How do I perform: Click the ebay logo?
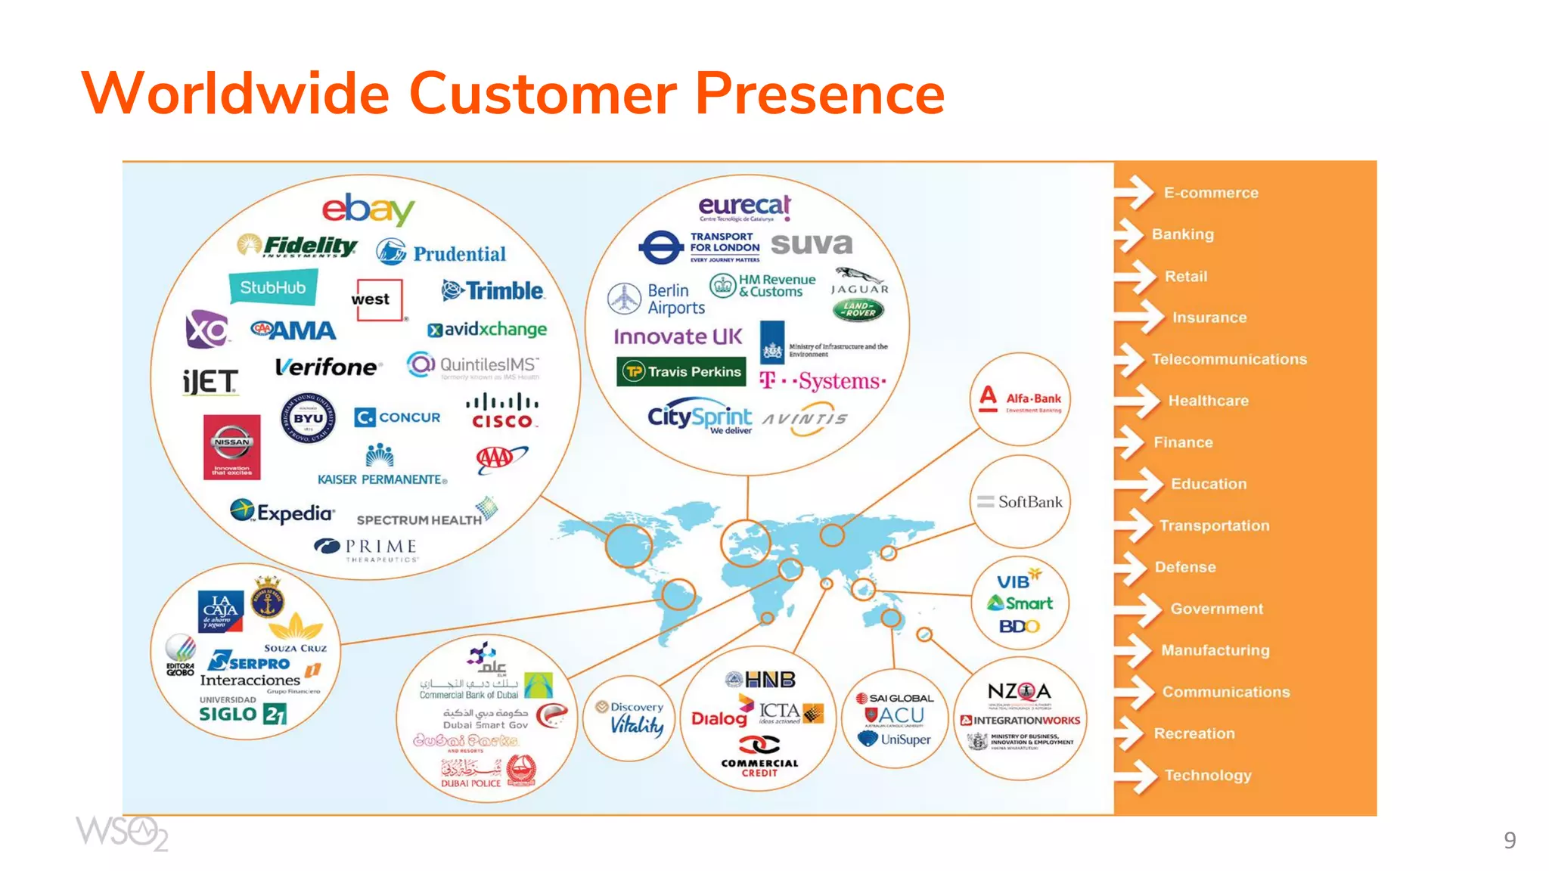[368, 209]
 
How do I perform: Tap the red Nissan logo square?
[231, 447]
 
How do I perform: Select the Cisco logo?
[502, 412]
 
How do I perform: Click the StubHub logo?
[273, 288]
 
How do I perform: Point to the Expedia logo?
[282, 513]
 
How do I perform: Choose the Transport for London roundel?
[660, 247]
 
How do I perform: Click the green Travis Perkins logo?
[681, 371]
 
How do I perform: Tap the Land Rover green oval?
[858, 309]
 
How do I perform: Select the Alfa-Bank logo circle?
[1020, 399]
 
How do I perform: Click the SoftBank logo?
[1020, 502]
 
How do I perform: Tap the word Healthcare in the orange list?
[1208, 401]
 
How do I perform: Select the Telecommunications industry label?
[1229, 359]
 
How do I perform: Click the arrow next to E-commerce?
[1135, 192]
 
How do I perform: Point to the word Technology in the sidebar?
[1208, 775]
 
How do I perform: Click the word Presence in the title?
[819, 93]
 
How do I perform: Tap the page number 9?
[1509, 840]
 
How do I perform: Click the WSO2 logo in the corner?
[121, 833]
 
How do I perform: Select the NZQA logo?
[1019, 691]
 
